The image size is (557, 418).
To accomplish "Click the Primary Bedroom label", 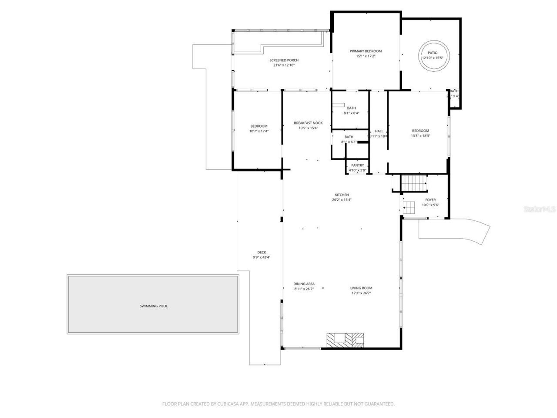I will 366,51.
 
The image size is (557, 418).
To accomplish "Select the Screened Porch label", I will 284,60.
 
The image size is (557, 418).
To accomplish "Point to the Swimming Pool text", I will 153,306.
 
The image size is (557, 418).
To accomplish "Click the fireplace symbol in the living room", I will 345,340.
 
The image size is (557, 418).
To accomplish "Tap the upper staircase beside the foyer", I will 414,183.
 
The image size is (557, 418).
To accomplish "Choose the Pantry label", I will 357,165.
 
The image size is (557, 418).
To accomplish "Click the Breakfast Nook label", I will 308,123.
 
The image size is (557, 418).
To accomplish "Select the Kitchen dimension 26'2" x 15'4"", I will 342,200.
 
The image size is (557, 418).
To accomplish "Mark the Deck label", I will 262,252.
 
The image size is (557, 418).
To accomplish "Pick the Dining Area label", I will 304,284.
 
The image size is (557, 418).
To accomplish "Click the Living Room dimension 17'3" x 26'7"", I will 361,293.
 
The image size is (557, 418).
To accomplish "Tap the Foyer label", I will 430,200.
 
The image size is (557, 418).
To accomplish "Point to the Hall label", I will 379,131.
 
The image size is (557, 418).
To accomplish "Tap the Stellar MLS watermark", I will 540,209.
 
